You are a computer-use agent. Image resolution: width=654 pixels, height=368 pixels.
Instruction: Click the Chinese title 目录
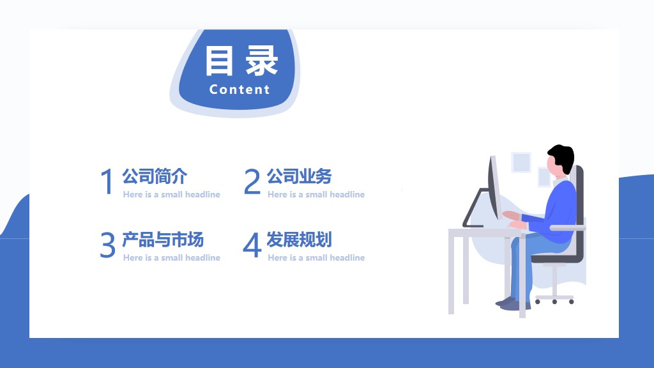pos(241,61)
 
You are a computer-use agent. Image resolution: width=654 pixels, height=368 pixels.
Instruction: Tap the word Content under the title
pos(240,90)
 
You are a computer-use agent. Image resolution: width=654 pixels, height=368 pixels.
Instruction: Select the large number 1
pos(107,182)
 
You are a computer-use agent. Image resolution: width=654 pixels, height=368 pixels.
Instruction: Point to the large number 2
pos(252,182)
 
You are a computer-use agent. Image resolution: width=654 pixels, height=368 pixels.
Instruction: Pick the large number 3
pos(107,245)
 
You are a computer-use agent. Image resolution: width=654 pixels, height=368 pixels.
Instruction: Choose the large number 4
pos(252,245)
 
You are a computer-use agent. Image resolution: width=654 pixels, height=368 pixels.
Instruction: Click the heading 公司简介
pos(155,176)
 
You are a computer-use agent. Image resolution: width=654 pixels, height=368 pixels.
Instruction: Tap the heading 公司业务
pos(299,176)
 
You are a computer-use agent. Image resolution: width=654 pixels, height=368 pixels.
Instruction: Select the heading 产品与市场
pos(163,240)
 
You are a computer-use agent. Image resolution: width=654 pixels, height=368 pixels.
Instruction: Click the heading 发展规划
pos(299,240)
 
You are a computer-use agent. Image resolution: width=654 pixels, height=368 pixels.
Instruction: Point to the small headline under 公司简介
pos(171,194)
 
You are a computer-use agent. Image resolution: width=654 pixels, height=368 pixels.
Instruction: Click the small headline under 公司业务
pos(316,194)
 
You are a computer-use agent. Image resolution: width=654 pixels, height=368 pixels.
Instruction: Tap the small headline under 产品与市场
pos(171,257)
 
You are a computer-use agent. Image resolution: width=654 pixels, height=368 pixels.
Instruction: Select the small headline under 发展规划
pos(316,257)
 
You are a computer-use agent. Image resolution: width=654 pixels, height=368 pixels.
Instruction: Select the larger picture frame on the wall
pos(521,162)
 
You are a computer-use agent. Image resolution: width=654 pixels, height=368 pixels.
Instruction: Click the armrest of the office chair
pos(567,227)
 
